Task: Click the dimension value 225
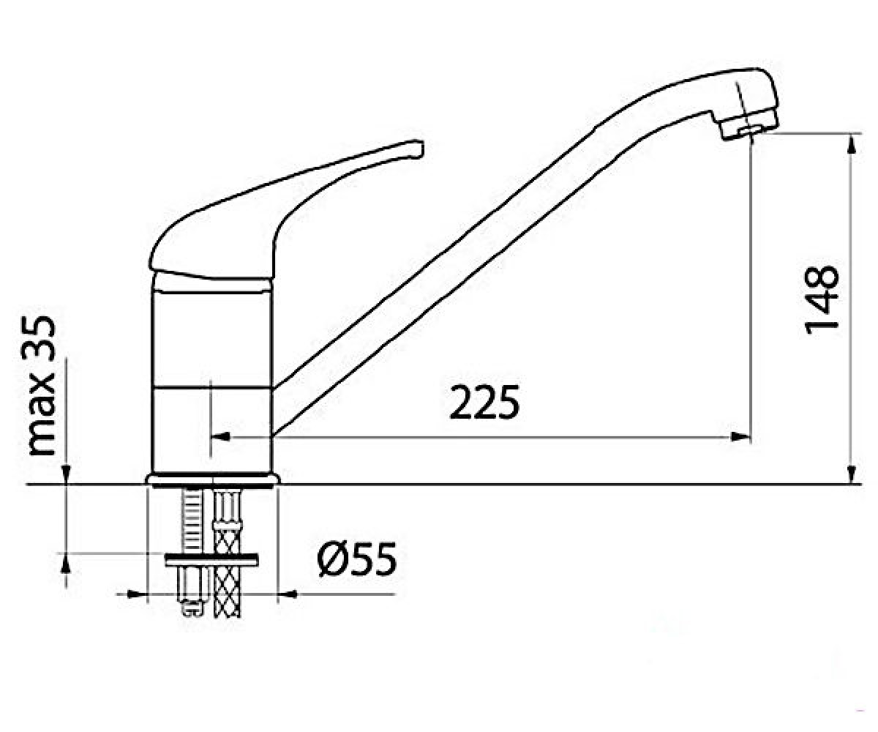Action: tap(484, 402)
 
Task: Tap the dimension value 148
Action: tap(821, 299)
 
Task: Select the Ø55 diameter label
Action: tap(356, 559)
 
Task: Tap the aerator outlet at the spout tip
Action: tap(748, 130)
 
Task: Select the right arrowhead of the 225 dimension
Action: tap(740, 437)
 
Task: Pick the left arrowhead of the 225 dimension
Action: tap(220, 437)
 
